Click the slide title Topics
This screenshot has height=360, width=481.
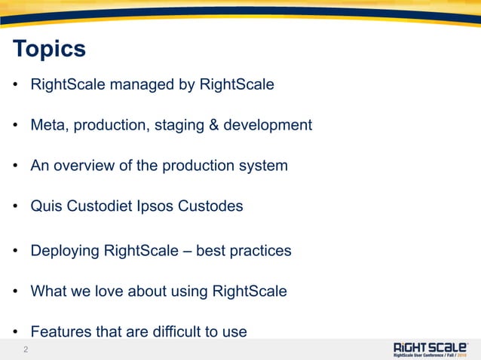point(49,50)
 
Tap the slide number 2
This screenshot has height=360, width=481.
point(26,349)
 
